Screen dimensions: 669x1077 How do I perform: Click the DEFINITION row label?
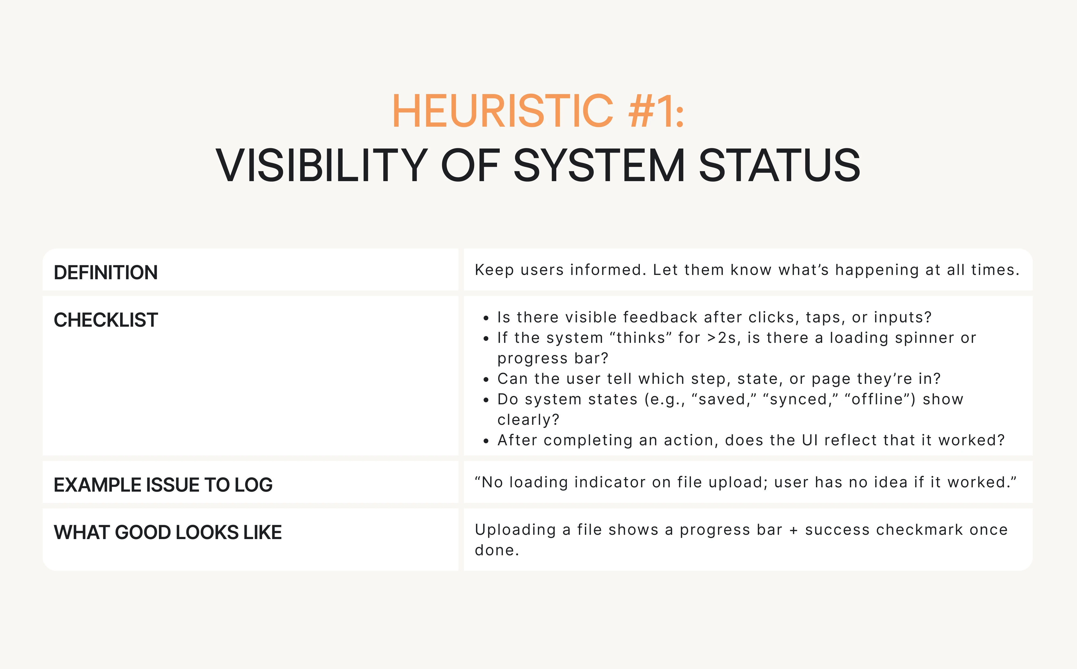point(106,273)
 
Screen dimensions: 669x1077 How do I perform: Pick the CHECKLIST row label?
point(106,320)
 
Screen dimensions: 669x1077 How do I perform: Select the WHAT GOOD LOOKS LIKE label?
point(168,532)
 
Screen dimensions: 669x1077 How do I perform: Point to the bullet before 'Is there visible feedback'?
point(486,318)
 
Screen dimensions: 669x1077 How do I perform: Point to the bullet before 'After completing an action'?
point(486,441)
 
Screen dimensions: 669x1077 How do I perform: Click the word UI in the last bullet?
point(810,440)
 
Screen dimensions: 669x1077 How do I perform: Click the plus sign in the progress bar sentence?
point(794,530)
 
